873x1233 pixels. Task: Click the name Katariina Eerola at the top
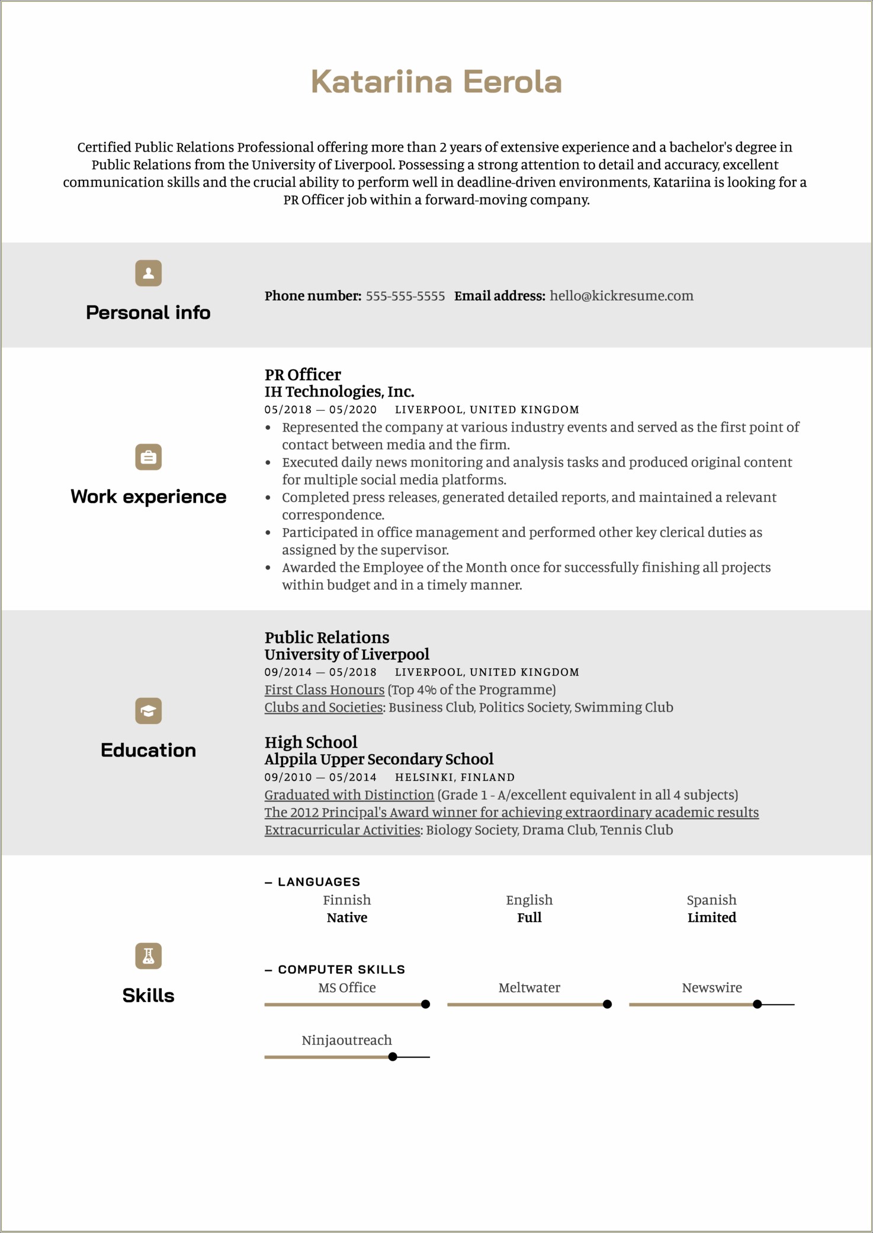436,82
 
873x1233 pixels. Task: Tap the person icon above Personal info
148,273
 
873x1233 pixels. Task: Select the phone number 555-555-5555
405,296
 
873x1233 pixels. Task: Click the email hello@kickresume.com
621,296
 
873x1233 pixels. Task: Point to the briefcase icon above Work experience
148,457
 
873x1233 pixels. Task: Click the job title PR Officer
303,375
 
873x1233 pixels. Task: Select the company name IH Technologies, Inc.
339,392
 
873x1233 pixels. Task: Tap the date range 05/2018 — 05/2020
320,410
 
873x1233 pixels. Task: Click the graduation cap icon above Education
148,711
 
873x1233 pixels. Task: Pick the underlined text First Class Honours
325,690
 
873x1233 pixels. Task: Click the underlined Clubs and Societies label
323,707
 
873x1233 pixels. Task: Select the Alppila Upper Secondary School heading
378,759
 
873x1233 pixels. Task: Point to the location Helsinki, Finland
455,777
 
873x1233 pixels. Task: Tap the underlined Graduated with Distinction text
349,795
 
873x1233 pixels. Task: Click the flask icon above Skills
148,956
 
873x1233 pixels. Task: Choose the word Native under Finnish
347,917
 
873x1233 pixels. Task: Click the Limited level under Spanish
712,917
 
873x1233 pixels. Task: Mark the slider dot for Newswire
757,1005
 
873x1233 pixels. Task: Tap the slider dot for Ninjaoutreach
393,1057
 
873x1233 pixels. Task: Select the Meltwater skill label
529,987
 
